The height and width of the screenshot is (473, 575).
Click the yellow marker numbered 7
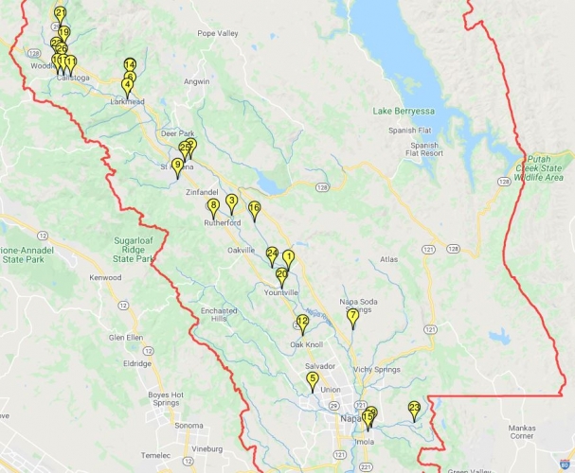(352, 316)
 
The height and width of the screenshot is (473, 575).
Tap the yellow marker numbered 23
(414, 409)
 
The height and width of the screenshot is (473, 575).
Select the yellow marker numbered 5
(312, 379)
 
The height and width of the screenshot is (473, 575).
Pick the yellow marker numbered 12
(302, 323)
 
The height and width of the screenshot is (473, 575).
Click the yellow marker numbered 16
(254, 208)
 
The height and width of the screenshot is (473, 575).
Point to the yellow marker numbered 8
(213, 206)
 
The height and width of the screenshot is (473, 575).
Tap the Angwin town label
(196, 82)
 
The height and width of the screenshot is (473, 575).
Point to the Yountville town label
(279, 292)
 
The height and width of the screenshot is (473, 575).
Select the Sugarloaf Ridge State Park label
(133, 251)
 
